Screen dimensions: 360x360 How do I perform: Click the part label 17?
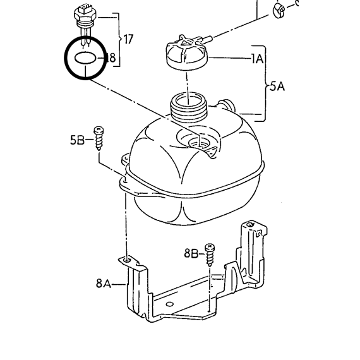tap(128, 39)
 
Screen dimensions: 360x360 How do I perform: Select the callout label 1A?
tap(257, 59)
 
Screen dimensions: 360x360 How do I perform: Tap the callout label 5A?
tap(277, 87)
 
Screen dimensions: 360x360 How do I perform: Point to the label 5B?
tap(77, 140)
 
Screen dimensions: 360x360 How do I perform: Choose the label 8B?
tap(191, 253)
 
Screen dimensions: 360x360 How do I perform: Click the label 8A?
tap(104, 283)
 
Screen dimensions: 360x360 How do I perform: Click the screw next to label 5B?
tap(99, 138)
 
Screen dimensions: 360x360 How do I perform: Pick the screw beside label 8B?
tap(210, 255)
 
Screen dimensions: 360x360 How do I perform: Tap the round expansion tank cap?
tap(187, 53)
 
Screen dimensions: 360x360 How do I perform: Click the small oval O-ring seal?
tap(85, 58)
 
